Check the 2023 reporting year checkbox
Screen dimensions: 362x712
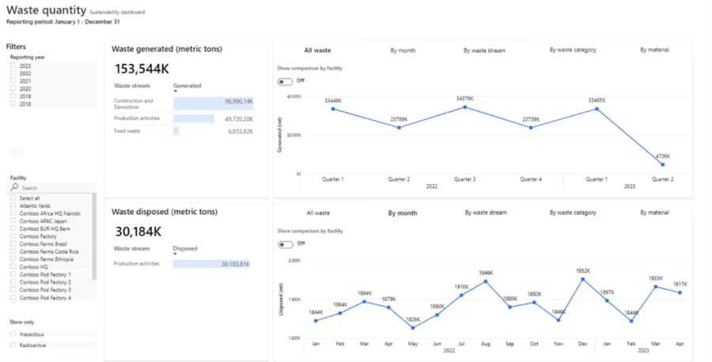click(13, 66)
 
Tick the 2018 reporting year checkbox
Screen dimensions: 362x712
click(13, 104)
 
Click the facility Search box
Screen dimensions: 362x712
click(55, 188)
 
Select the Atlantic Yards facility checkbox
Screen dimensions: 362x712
click(13, 206)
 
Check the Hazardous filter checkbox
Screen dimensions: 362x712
click(13, 334)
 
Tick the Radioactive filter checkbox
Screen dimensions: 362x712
click(13, 345)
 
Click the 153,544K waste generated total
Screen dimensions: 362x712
click(142, 69)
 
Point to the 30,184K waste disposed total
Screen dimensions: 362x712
click(138, 231)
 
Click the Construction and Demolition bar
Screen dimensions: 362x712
click(213, 103)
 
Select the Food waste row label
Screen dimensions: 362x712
click(127, 131)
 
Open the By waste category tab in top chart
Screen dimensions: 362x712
click(573, 50)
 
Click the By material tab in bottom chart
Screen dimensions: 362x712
click(654, 213)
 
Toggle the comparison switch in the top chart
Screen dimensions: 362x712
click(283, 81)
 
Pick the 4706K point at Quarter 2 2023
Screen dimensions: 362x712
click(662, 164)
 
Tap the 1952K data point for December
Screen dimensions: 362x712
click(582, 279)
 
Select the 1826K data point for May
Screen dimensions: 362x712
click(413, 327)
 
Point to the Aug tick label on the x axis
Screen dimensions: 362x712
click(485, 344)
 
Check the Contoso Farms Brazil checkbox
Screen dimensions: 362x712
click(13, 244)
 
